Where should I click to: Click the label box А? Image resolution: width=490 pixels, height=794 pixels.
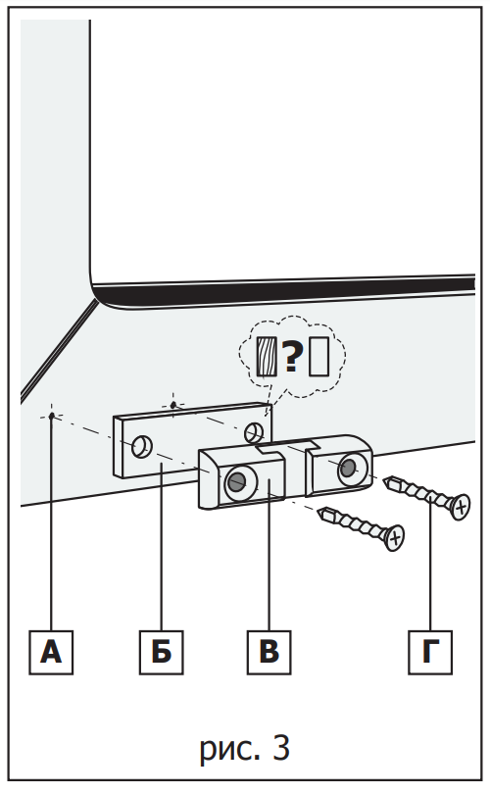pos(51,652)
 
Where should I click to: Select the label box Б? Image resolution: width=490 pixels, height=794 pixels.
pos(162,652)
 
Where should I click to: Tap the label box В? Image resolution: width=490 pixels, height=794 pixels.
pos(269,652)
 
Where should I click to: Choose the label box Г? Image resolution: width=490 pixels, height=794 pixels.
pos(430,652)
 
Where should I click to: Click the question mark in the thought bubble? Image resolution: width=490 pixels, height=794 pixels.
pos(292,357)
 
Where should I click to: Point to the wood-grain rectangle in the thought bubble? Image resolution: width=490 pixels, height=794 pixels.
pos(267,357)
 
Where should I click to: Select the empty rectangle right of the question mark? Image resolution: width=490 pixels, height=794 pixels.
pos(318,357)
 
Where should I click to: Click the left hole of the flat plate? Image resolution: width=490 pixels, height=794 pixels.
pos(142,446)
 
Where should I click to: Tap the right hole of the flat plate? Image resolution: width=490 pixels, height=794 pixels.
pos(254,432)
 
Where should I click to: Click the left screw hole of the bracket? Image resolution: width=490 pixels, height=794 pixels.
pos(237,481)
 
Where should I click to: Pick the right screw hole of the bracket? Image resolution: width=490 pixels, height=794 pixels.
pos(349,468)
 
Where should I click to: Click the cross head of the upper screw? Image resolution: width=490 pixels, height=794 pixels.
pos(461,507)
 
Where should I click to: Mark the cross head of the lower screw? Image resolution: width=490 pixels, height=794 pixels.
pos(394,537)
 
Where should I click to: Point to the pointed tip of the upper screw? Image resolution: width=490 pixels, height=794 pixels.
pos(385,480)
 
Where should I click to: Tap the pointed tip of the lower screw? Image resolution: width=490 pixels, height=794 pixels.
pos(318,512)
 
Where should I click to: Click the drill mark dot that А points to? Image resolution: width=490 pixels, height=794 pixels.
pos(51,416)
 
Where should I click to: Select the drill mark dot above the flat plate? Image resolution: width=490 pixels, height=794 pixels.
pos(173,405)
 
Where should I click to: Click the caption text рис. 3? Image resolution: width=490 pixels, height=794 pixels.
pos(245,748)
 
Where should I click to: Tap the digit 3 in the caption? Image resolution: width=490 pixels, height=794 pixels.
pos(281,747)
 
